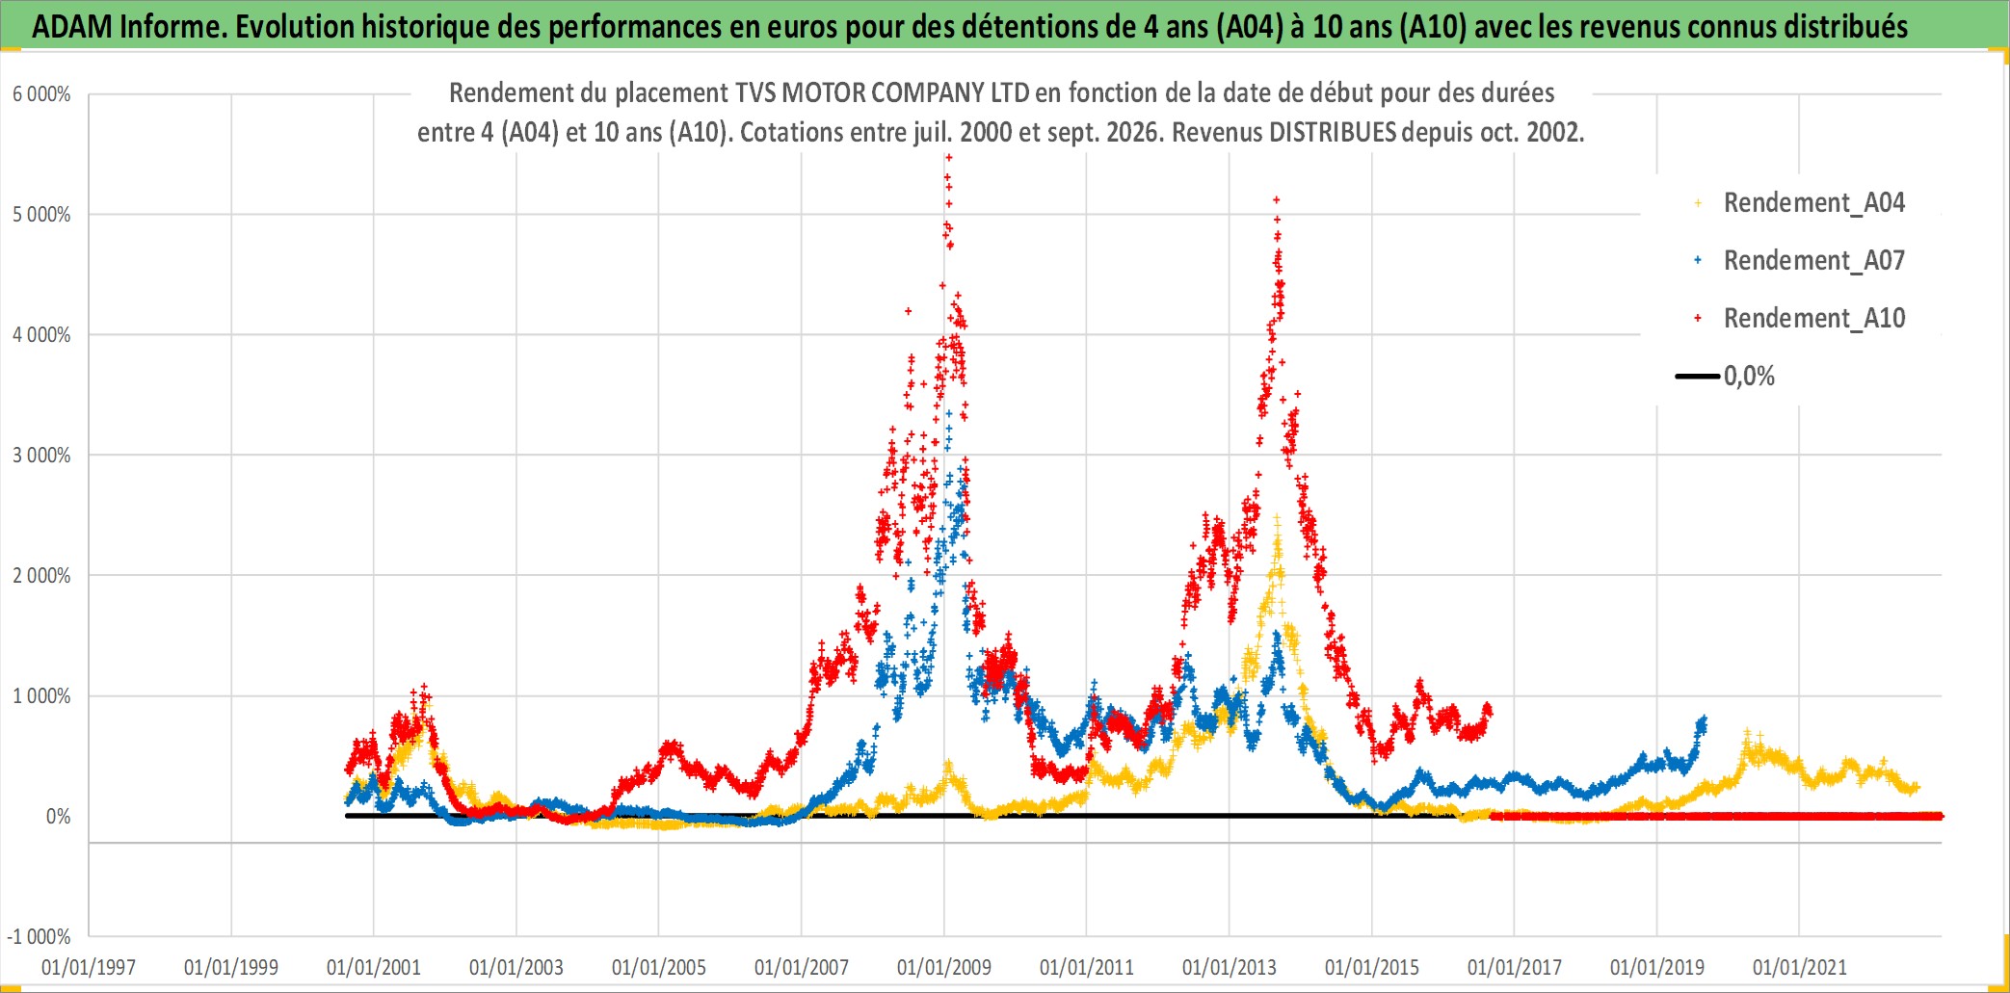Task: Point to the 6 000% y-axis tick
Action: (41, 94)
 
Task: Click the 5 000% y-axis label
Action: (41, 215)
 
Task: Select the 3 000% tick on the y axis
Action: (41, 456)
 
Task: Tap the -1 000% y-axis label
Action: (39, 937)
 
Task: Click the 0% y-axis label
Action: (59, 817)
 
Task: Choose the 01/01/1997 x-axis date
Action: (89, 967)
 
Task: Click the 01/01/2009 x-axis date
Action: (944, 967)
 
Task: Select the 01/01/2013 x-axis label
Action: (1230, 967)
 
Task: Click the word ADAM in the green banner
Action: (72, 26)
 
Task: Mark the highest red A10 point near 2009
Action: (948, 157)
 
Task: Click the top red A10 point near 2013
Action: (1277, 200)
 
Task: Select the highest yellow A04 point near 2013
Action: (1277, 517)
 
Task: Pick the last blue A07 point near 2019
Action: (1704, 719)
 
